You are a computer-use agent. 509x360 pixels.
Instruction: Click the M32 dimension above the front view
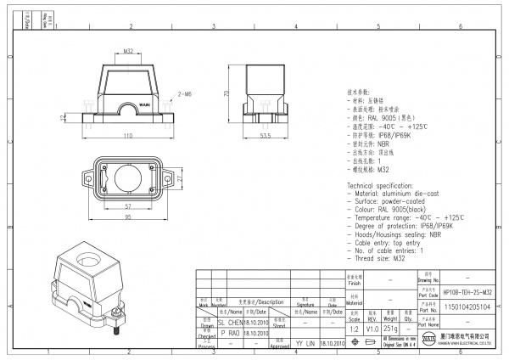127,51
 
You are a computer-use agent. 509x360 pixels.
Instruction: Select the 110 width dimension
127,136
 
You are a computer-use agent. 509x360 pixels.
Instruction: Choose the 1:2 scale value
353,327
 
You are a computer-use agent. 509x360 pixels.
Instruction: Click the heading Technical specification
384,184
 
